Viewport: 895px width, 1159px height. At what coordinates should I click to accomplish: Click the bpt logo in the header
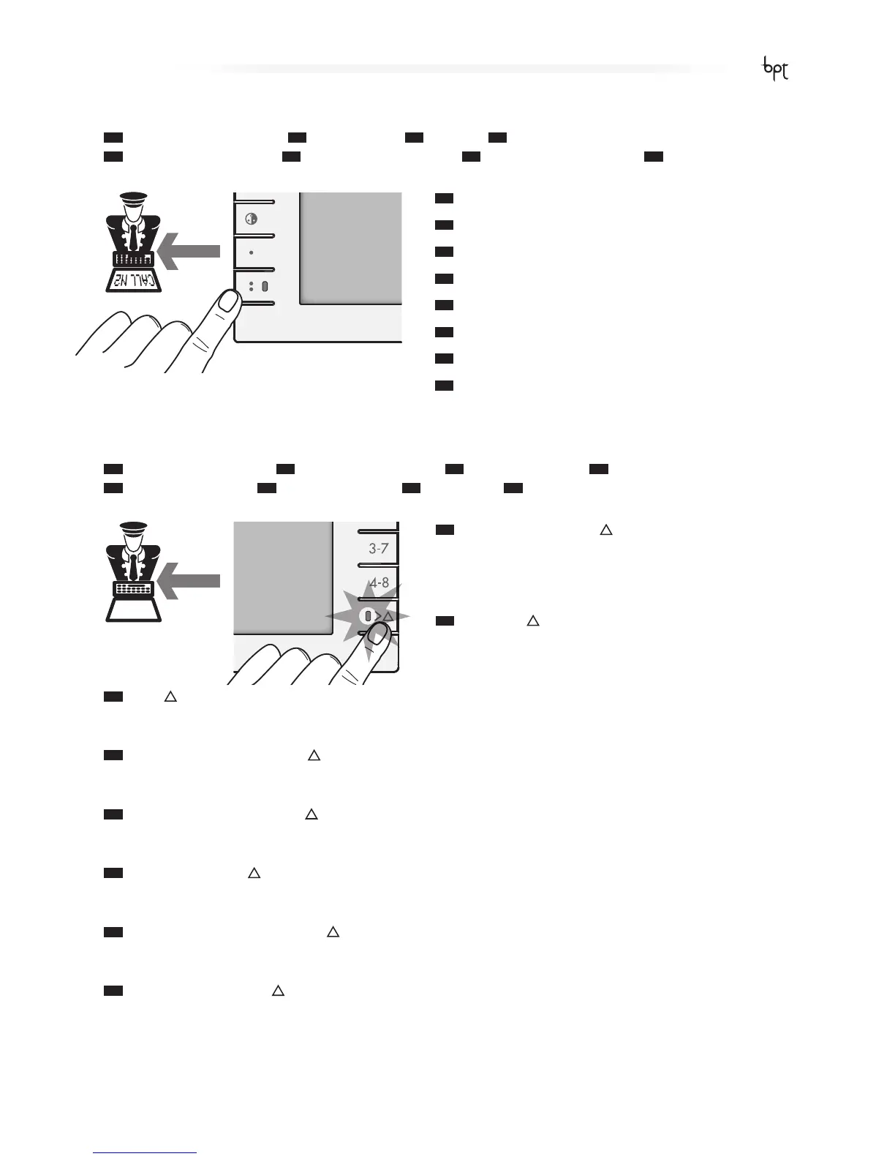tap(775, 70)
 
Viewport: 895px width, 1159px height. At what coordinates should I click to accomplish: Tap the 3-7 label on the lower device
tap(378, 548)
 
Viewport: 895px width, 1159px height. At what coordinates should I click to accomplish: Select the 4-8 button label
tap(379, 583)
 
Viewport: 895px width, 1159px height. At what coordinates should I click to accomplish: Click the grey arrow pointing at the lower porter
tap(189, 581)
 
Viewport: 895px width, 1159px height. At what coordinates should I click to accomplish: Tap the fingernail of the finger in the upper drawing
tap(229, 301)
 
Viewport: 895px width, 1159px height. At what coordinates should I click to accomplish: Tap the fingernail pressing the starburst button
tap(377, 635)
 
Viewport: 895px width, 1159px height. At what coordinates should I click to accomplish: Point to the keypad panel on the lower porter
tap(133, 588)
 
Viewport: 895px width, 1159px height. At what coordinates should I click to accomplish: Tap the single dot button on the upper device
tap(251, 252)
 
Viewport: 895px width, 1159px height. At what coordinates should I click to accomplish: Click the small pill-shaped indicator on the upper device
tap(265, 286)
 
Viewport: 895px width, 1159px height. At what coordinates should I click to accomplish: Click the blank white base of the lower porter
tap(134, 609)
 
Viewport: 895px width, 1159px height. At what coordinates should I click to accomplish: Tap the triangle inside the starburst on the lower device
tap(388, 617)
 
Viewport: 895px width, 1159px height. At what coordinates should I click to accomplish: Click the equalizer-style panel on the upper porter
tap(133, 258)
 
